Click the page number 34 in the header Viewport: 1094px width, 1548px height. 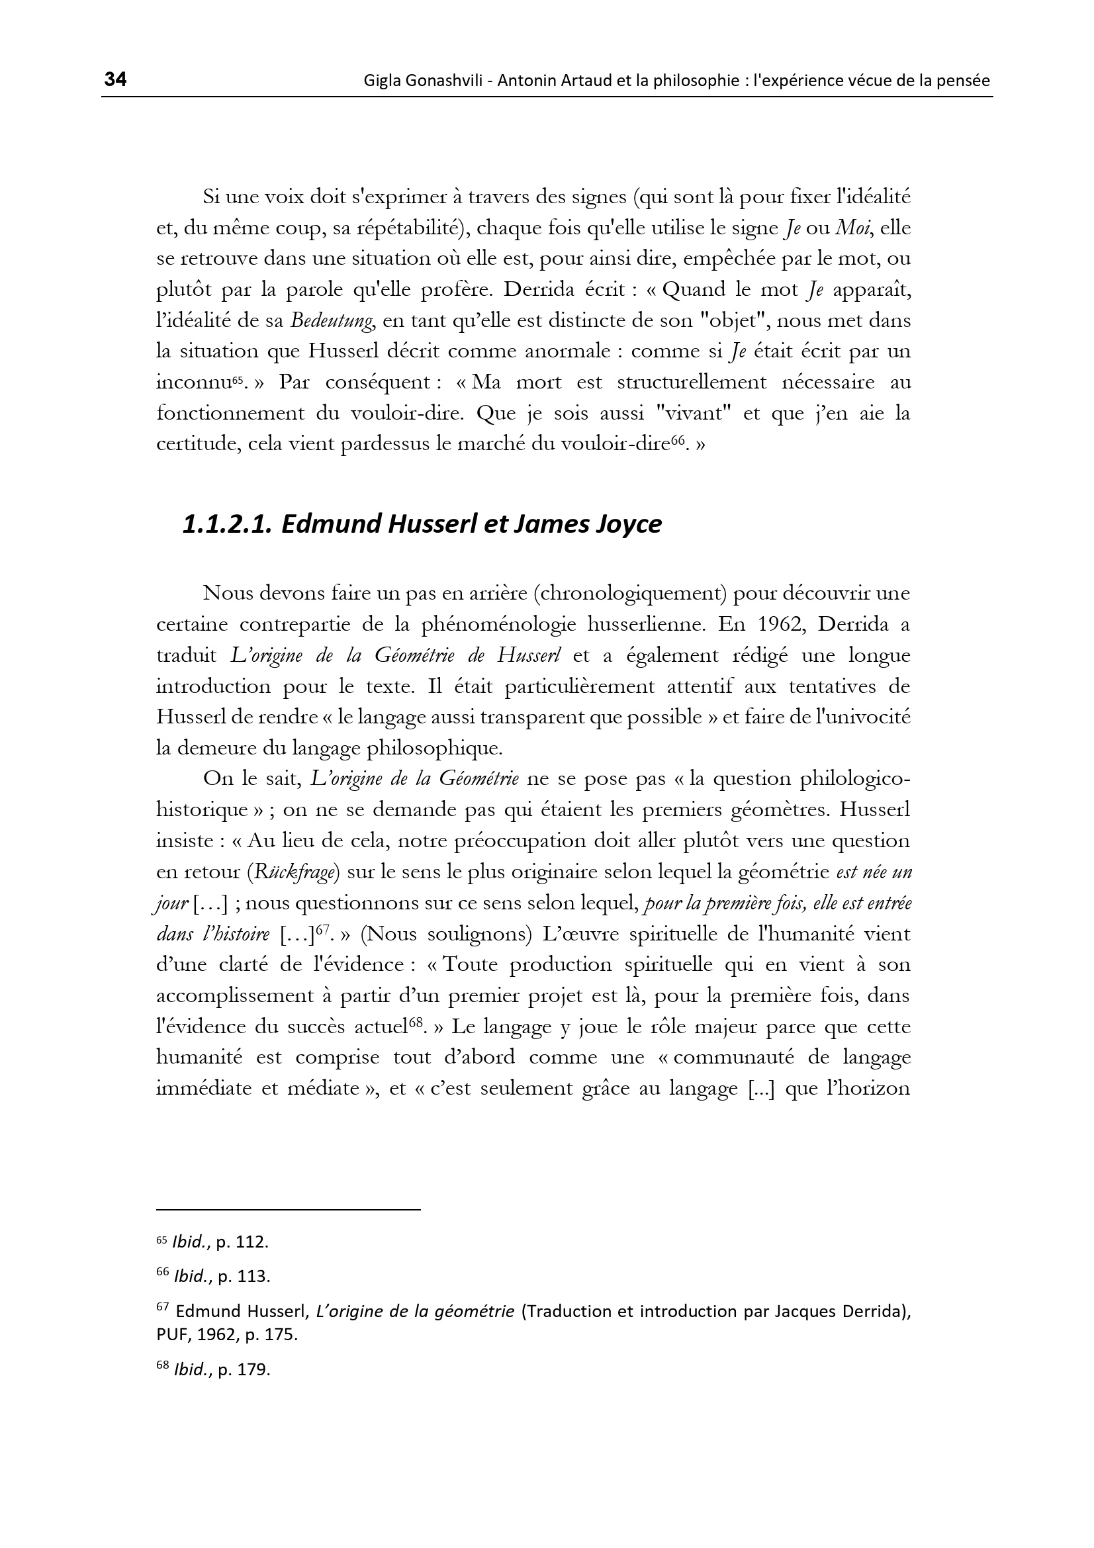tap(115, 79)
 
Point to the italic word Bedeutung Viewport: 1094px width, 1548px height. tap(332, 321)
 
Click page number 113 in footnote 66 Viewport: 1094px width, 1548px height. tap(251, 1276)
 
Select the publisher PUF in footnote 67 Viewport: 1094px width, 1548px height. tap(171, 1335)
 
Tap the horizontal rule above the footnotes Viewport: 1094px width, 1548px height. tap(288, 1210)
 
